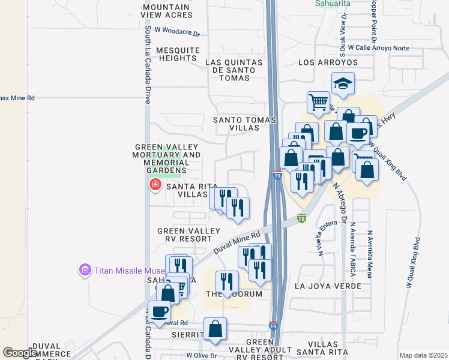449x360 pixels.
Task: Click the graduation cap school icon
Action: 343,83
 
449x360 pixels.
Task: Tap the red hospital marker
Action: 155,184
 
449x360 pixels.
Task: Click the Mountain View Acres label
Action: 166,10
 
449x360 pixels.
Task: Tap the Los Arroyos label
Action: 328,62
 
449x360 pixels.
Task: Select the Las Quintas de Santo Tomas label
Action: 234,66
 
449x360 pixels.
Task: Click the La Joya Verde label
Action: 328,286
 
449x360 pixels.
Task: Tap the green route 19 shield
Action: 301,219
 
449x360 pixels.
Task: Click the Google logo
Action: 20,353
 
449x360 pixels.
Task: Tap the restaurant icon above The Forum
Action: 227,282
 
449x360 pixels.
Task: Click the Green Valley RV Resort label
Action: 181,235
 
